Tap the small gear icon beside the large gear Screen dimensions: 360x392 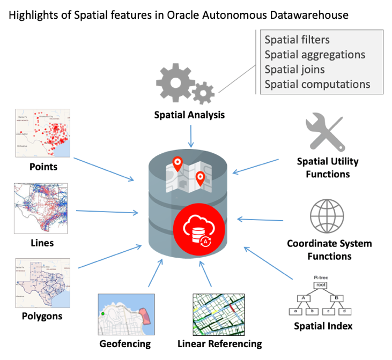[x=203, y=93]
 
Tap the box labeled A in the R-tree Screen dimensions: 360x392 [x=302, y=298]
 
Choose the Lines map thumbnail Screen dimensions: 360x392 [x=41, y=208]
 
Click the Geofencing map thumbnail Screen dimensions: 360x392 [x=126, y=314]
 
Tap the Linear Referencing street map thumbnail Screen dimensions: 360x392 [x=218, y=314]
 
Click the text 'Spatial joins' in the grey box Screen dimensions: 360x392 [x=294, y=69]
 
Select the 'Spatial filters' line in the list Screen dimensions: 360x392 [x=297, y=40]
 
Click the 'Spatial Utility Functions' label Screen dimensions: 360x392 [x=328, y=168]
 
